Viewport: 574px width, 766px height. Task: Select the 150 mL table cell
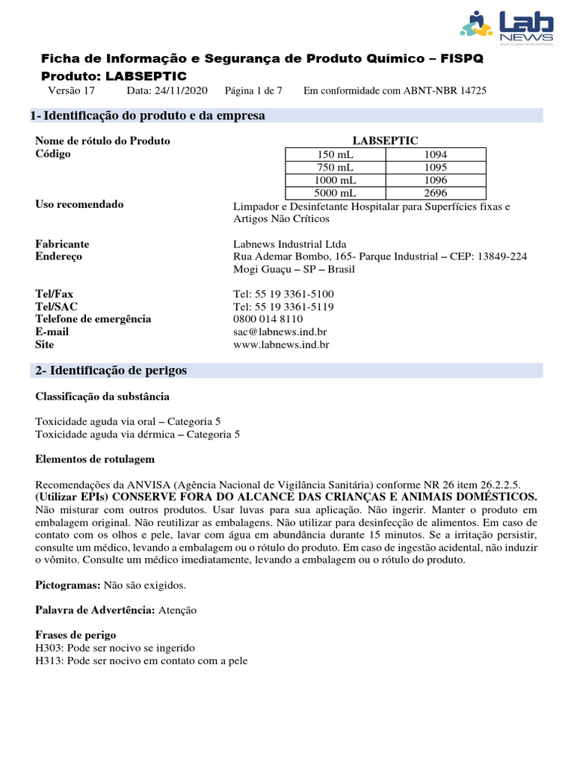pyautogui.click(x=336, y=154)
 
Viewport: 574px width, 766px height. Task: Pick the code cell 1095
pyautogui.click(x=435, y=168)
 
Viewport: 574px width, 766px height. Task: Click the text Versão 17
pyautogui.click(x=72, y=91)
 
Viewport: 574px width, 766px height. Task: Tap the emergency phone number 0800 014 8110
pyautogui.click(x=268, y=319)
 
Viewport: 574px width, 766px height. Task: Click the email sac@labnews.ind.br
pyautogui.click(x=280, y=331)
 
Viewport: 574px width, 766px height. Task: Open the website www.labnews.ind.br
pyautogui.click(x=281, y=345)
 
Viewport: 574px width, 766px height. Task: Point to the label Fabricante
pyautogui.click(x=62, y=244)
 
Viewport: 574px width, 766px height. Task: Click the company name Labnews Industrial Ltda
pyautogui.click(x=290, y=244)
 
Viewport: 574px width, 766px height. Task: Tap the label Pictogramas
pyautogui.click(x=66, y=584)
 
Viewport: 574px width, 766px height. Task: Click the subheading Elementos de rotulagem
pyautogui.click(x=95, y=459)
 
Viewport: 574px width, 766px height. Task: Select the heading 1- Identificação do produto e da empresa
pyautogui.click(x=147, y=116)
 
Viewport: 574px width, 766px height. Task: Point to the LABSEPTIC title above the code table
pyautogui.click(x=385, y=141)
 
